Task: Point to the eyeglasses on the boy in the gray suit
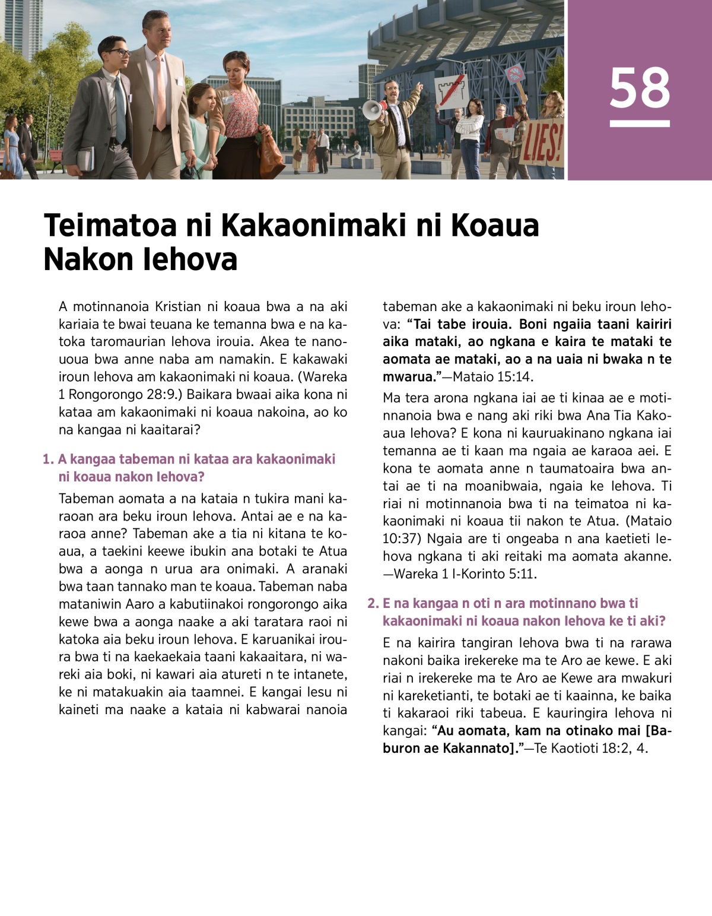[119, 53]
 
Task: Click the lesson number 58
[640, 88]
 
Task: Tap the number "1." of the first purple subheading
[48, 459]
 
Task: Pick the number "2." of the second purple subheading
[373, 603]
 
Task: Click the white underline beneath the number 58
[640, 124]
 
